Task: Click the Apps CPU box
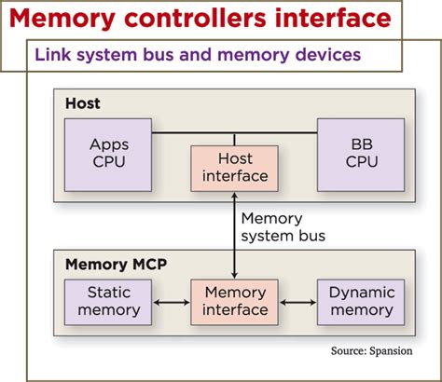(x=109, y=153)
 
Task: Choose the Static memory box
(x=103, y=302)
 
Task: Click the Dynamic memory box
(x=361, y=302)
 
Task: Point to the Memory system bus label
(x=282, y=226)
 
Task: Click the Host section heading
(x=82, y=103)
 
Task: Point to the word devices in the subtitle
(x=326, y=56)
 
